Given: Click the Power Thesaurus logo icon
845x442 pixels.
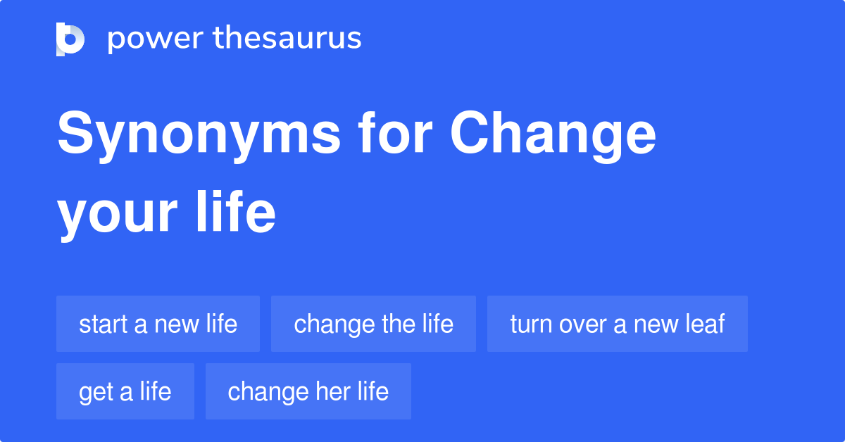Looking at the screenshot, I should click(x=70, y=39).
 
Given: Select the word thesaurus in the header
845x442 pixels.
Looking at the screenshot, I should click(x=287, y=39).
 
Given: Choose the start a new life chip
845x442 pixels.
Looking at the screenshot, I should click(x=158, y=324).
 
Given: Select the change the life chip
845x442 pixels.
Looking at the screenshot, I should click(x=373, y=324).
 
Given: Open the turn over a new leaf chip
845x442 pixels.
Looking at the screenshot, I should click(x=617, y=324).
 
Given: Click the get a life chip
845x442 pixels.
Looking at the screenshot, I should click(x=125, y=391).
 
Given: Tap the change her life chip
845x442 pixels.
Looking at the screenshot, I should click(x=308, y=391).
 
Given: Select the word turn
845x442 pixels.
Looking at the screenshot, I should click(x=530, y=324).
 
